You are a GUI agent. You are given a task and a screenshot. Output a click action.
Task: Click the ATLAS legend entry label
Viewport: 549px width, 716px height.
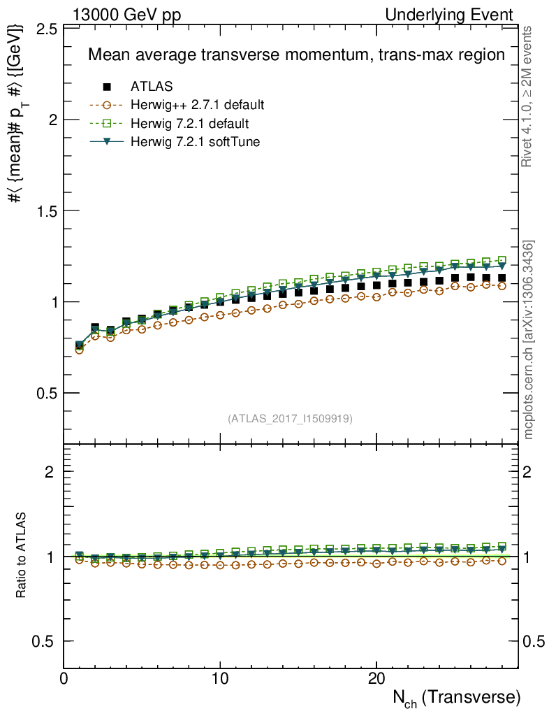coord(152,87)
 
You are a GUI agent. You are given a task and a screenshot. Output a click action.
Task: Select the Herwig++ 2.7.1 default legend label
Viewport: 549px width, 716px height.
coord(197,106)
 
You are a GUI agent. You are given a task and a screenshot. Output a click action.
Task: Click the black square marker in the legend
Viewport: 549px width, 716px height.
coord(107,87)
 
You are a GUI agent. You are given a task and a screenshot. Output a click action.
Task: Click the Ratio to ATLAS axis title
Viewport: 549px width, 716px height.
coord(22,556)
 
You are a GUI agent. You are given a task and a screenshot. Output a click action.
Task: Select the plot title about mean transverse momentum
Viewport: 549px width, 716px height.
coord(295,55)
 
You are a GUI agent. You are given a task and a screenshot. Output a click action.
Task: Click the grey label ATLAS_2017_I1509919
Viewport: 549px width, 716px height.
coord(290,419)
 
